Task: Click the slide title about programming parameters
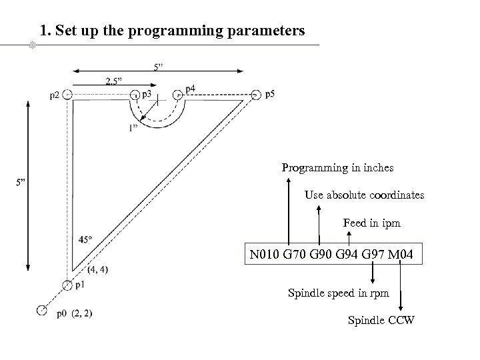coord(172,31)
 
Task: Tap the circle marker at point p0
coord(42,310)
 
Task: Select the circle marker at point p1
coord(67,285)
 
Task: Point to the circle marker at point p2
coord(67,95)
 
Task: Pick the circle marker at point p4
coord(177,95)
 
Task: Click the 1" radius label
coord(134,128)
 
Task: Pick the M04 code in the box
coord(402,255)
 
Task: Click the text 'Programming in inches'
coord(337,167)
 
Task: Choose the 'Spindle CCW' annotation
coord(381,321)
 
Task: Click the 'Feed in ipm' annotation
coord(371,223)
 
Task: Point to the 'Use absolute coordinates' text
coord(364,195)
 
